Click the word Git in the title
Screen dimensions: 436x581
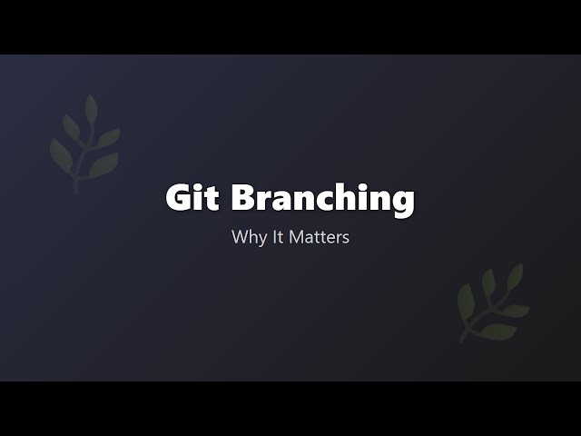pos(191,198)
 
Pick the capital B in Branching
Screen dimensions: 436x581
pos(241,198)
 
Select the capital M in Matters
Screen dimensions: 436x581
pos(290,238)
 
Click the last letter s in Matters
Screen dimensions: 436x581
pos(345,240)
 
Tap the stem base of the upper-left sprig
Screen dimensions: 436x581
pos(76,189)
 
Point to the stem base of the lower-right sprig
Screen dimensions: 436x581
pos(463,340)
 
